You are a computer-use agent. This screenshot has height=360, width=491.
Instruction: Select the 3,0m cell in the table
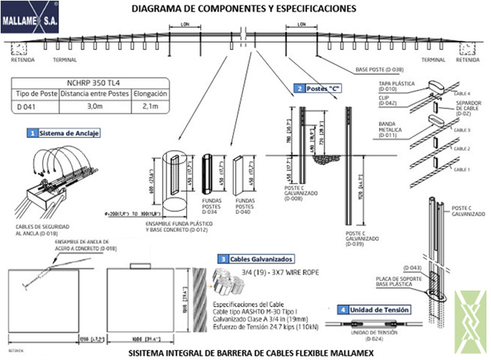pyautogui.click(x=93, y=107)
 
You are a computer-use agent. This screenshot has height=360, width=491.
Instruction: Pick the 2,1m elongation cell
pyautogui.click(x=147, y=107)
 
